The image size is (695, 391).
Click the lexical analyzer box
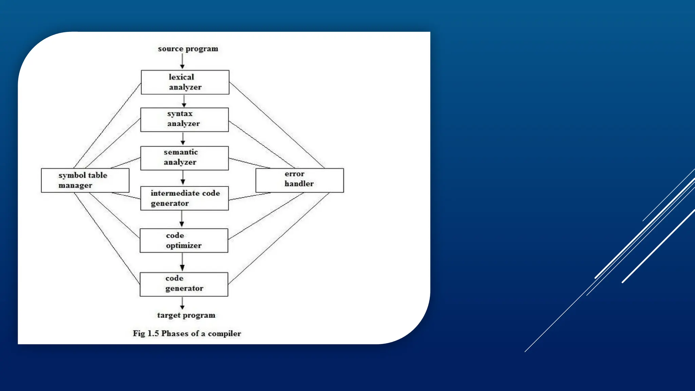185,82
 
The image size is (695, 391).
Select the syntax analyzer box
184,119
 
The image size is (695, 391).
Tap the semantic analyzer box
184,158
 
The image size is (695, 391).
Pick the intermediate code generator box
184,198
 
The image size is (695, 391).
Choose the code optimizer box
184,240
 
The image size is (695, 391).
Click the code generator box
184,284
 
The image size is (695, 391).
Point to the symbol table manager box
85,180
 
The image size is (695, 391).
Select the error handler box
299,180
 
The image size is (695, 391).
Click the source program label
188,49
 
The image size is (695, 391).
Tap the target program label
186,315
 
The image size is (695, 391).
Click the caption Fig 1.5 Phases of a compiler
187,334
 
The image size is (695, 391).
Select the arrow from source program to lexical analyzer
182,61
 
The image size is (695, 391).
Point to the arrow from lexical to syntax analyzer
184,101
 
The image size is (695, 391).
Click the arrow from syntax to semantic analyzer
183,139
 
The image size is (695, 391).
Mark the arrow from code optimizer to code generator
182,262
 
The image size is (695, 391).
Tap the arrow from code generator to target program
182,303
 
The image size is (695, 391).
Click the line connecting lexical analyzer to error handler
277,125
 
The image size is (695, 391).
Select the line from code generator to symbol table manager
107,238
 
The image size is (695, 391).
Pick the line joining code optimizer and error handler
266,216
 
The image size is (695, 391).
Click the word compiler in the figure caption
224,334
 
